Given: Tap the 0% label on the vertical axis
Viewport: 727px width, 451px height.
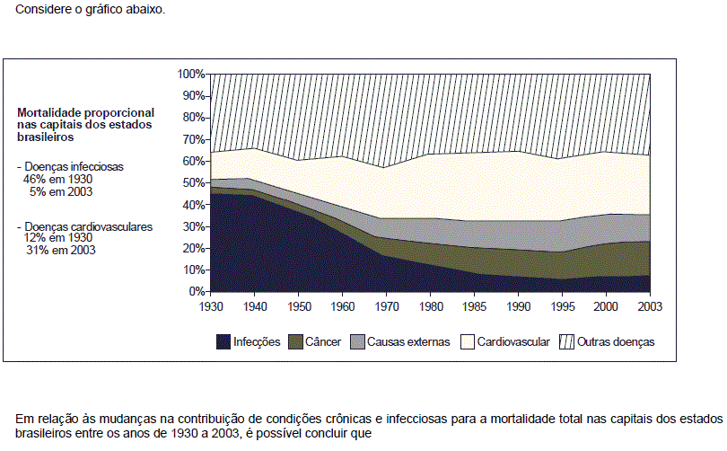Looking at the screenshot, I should point(197,291).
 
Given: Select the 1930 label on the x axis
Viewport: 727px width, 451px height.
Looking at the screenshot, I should point(210,305).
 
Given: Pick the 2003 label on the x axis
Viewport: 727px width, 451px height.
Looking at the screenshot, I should point(649,305).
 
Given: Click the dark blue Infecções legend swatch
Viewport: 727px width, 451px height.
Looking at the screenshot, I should point(223,342).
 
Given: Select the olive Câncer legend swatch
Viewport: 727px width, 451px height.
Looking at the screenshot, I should point(294,342).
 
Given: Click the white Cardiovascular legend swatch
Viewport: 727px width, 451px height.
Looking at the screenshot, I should point(467,342).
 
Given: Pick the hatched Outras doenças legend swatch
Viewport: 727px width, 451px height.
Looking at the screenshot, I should point(566,342).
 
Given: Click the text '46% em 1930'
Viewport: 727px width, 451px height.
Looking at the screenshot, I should point(58,179).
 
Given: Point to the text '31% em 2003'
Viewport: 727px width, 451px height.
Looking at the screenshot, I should point(61,251).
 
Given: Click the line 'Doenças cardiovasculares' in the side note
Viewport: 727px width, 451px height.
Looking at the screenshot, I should point(89,227).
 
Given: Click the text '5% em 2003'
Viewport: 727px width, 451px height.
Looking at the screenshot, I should point(61,191).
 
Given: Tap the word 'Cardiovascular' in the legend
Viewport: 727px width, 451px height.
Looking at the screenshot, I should point(513,342).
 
